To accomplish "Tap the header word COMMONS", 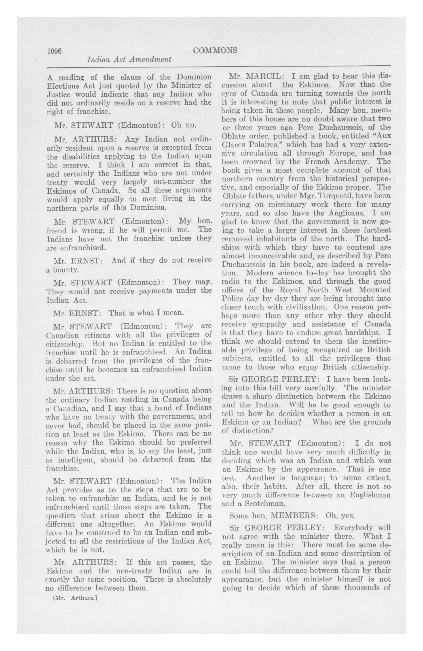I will (x=215, y=50).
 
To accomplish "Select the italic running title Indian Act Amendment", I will (x=129, y=59).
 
